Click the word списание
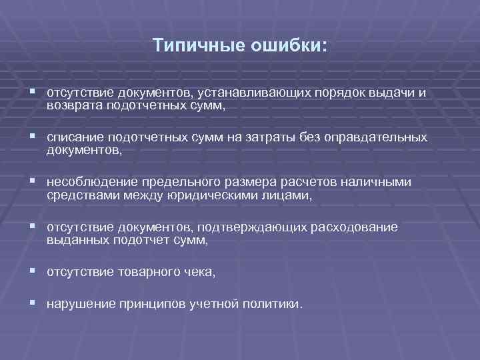73,137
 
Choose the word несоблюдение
89,183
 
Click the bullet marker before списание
33,137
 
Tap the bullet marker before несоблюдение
33,182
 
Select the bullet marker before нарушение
33,303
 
